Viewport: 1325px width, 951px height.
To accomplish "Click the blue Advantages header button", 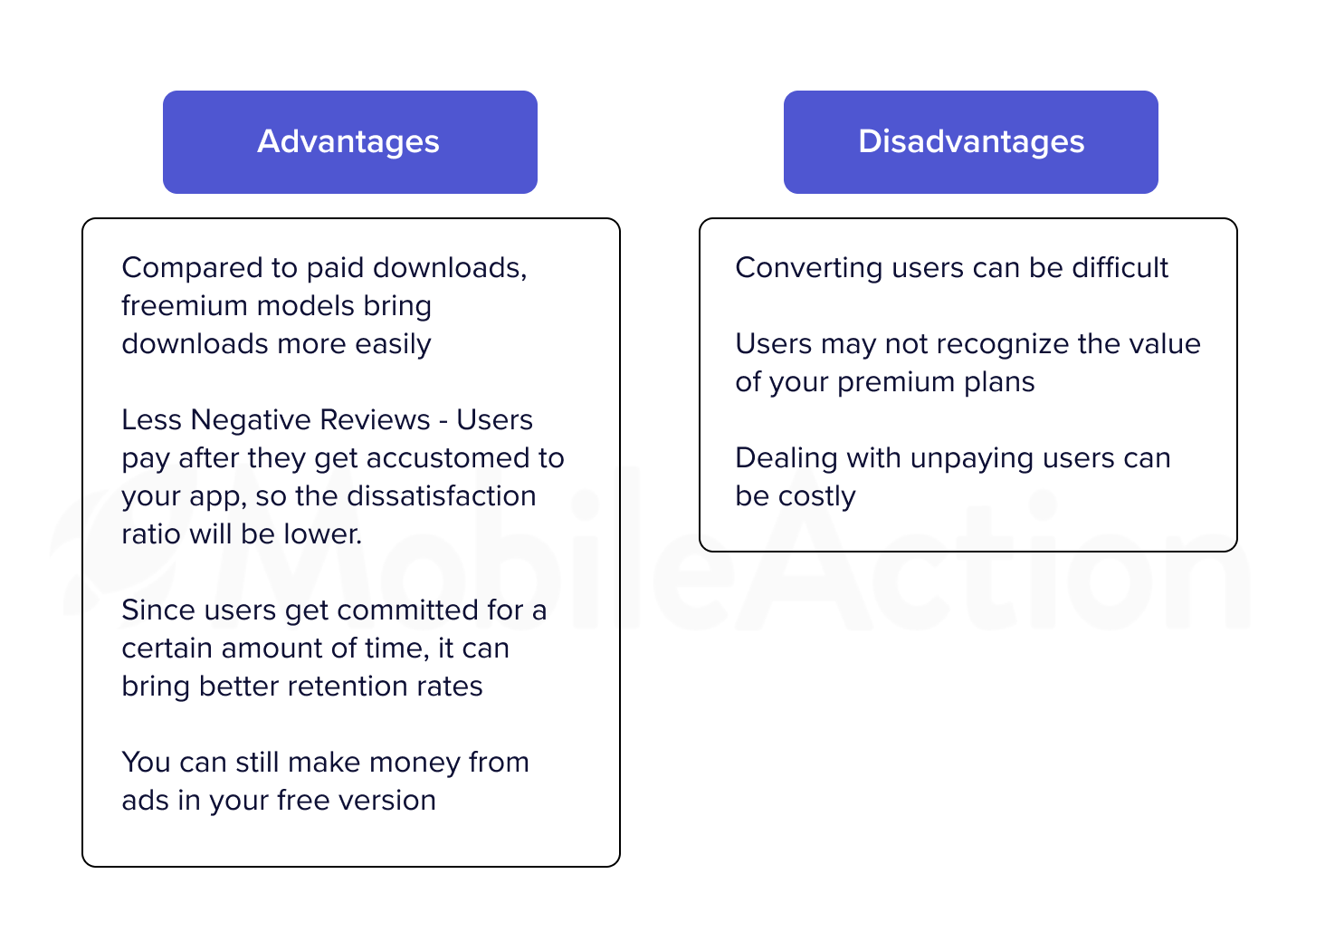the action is pyautogui.click(x=349, y=142).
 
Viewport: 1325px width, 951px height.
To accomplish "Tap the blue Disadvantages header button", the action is pyautogui.click(x=971, y=142).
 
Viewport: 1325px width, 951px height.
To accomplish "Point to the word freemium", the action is pyautogui.click(x=184, y=306).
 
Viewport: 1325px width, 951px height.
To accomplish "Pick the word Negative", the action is pyautogui.click(x=251, y=419).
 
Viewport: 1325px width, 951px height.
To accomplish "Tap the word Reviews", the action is pyautogui.click(x=375, y=419).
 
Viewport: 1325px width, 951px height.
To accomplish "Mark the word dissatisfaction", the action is pyautogui.click(x=442, y=496).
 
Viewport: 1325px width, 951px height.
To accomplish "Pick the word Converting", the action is pyautogui.click(x=808, y=269).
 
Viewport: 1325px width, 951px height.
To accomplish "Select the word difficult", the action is pyautogui.click(x=1120, y=267).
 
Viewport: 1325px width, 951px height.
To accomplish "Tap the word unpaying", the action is pyautogui.click(x=972, y=459).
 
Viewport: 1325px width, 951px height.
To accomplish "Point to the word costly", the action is pyautogui.click(x=816, y=497).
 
